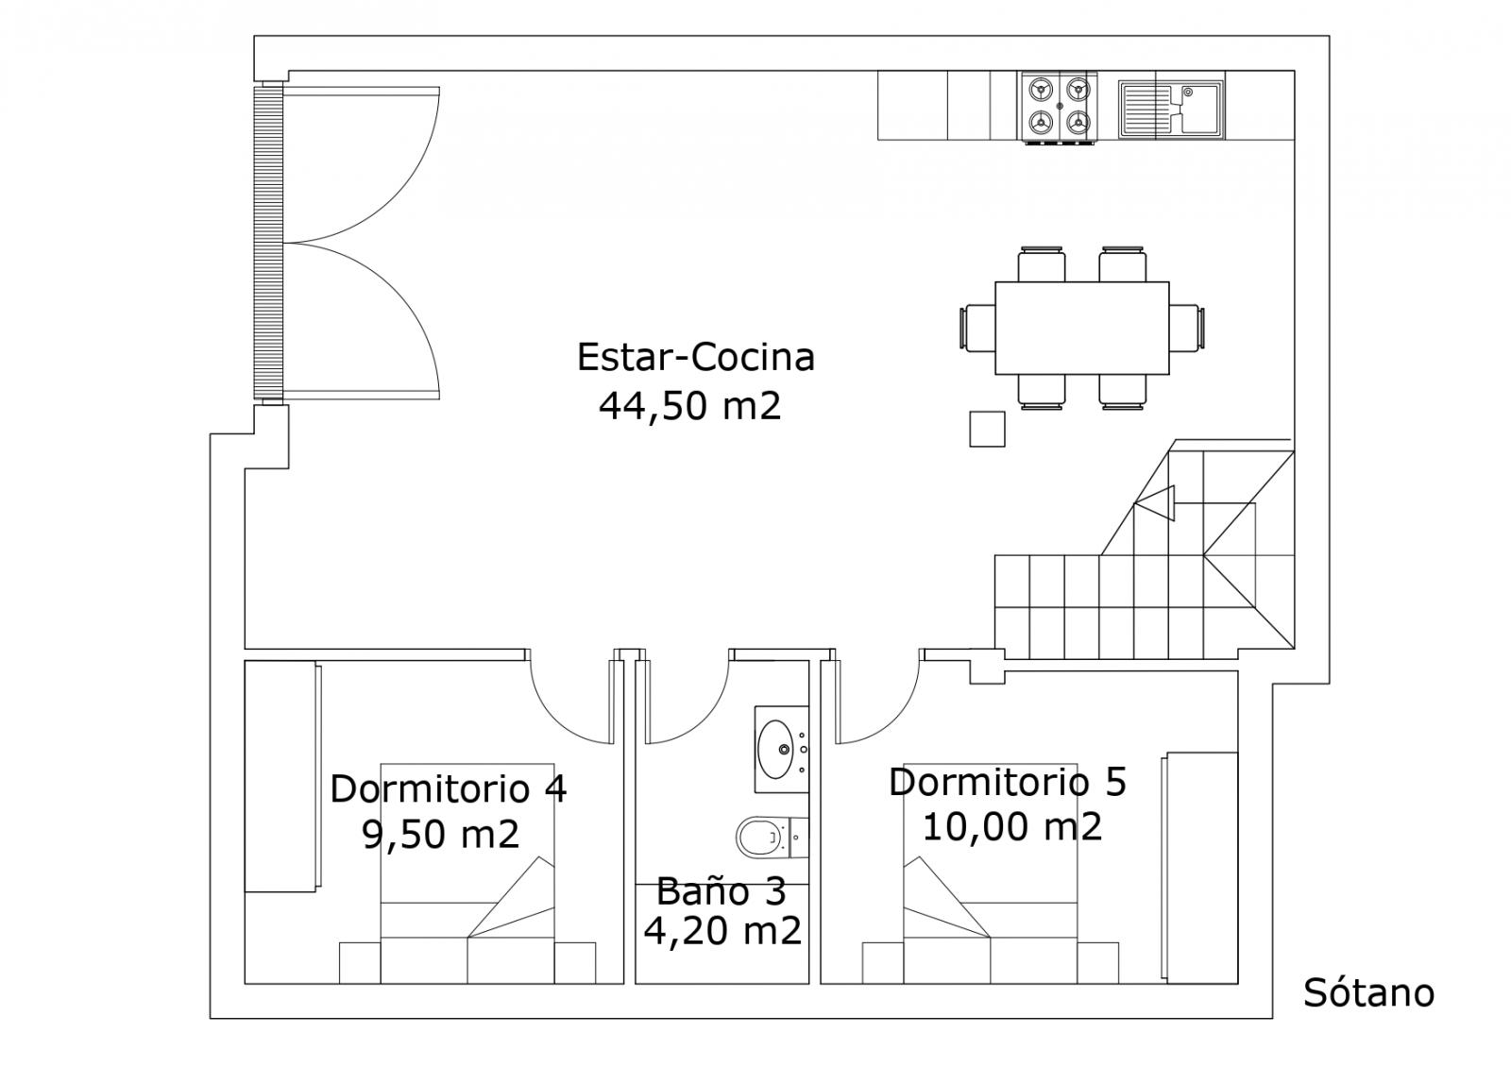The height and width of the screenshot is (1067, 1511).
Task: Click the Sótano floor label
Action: click(x=1368, y=992)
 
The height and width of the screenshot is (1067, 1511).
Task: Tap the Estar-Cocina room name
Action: click(x=695, y=357)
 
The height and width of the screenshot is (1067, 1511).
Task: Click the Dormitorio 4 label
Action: click(x=448, y=788)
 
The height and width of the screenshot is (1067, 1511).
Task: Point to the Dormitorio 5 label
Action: click(x=1007, y=782)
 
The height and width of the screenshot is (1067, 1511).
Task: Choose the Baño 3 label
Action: click(x=722, y=891)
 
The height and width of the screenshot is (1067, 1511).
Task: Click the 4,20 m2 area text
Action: click(x=722, y=931)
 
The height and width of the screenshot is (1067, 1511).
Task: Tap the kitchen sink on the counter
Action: click(x=1170, y=110)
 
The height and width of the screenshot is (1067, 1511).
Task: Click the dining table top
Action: click(x=1082, y=328)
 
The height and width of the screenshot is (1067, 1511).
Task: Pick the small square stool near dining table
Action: click(x=987, y=429)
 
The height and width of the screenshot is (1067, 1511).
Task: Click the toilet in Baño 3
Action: click(x=772, y=837)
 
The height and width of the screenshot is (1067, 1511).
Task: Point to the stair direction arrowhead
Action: click(x=1155, y=503)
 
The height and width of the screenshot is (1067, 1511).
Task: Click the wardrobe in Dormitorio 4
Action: click(x=282, y=776)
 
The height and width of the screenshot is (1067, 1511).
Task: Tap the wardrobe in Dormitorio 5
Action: click(x=1198, y=868)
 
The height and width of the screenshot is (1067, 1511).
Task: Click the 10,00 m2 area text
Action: click(x=1011, y=826)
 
